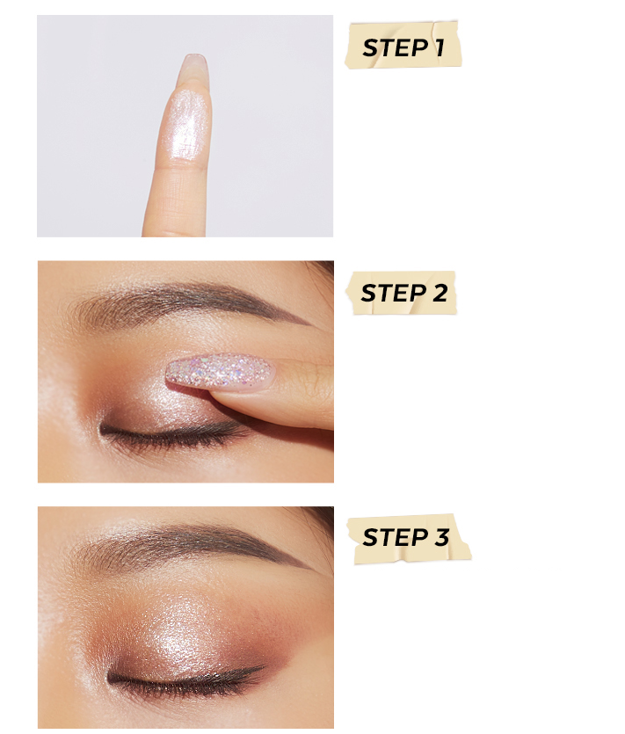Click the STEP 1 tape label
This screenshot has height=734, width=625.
403,45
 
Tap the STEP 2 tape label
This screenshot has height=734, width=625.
401,293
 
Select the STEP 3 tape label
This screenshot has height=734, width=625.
409,538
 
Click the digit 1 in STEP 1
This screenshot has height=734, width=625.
439,47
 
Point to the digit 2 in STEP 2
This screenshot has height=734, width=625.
440,293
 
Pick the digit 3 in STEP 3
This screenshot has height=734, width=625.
441,537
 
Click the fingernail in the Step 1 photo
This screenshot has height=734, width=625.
193,70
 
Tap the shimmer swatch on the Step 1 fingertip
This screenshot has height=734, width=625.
185,124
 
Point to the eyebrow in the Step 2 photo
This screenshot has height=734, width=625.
187,302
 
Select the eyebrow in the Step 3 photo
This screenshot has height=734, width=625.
192,545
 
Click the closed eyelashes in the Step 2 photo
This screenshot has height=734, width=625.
173,435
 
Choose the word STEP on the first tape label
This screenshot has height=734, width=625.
395,47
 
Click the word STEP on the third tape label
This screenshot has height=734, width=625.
395,537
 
